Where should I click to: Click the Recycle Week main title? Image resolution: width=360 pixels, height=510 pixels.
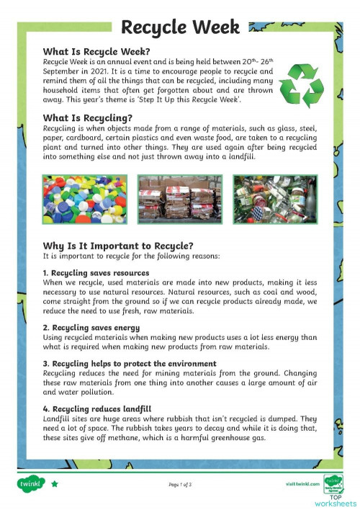[x=180, y=27]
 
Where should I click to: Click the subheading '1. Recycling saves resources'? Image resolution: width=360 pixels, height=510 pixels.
[x=96, y=273]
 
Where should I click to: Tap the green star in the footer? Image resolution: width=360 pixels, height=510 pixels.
[x=54, y=484]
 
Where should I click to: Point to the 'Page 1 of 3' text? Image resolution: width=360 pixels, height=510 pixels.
[x=179, y=484]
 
